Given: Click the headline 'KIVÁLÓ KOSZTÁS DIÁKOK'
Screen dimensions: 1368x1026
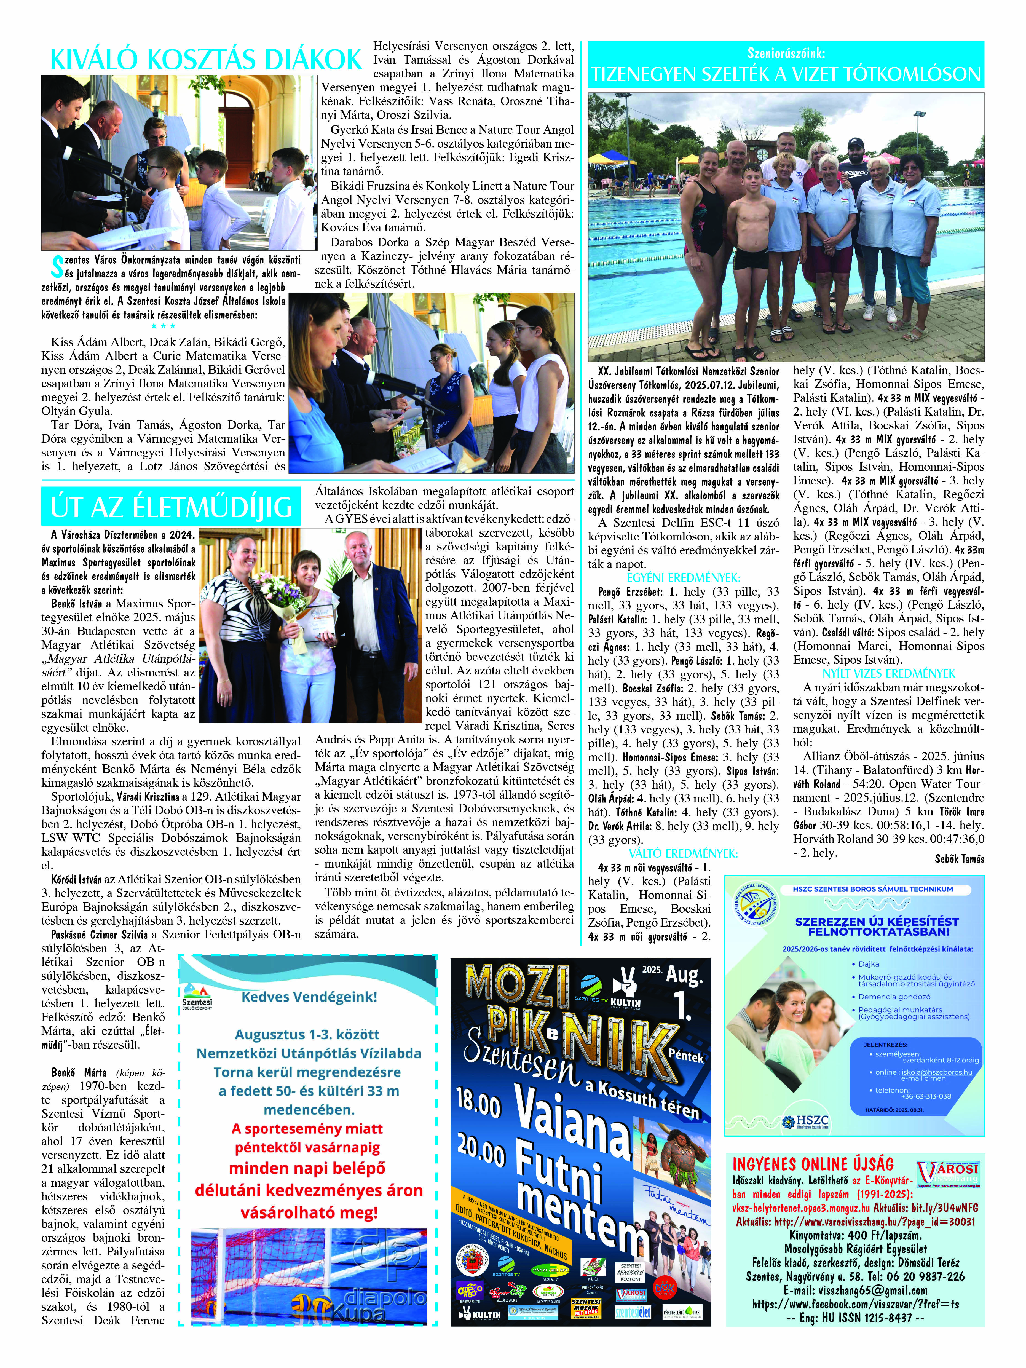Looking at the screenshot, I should click(x=205, y=59).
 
